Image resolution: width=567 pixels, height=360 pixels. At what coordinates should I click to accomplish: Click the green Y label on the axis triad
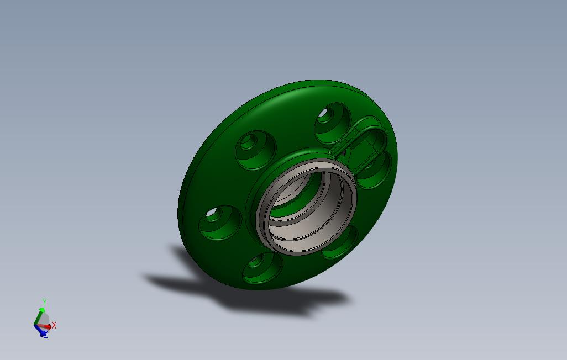[44, 302]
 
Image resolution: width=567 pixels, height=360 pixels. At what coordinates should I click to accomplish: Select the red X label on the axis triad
[54, 326]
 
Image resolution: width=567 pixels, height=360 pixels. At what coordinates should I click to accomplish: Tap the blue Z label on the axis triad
[45, 335]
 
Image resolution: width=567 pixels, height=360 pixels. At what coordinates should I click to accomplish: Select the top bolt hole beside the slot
[332, 122]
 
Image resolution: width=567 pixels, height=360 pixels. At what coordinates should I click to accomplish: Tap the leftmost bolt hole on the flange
[219, 221]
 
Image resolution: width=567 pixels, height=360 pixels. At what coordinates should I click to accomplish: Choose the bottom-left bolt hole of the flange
[262, 268]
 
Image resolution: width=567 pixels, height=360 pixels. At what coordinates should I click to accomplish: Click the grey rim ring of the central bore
[306, 165]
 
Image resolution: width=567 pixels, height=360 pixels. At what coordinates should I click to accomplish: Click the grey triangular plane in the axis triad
[44, 319]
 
